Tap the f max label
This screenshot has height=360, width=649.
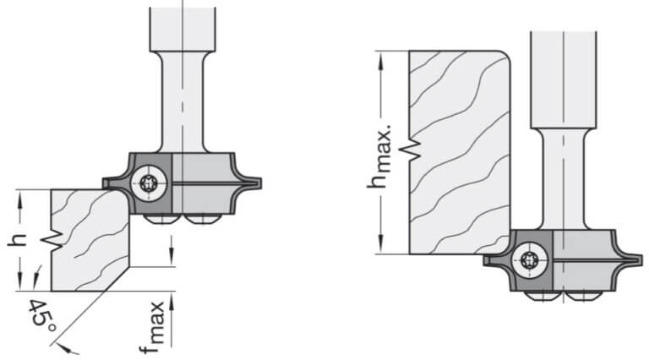152,328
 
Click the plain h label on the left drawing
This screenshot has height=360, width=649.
17,240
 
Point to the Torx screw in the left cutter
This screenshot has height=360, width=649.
149,183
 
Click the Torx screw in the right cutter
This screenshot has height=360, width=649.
530,260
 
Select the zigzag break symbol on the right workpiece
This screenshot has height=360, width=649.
411,148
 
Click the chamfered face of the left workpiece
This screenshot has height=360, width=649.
115,279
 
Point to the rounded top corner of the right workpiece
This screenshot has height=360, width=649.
504,56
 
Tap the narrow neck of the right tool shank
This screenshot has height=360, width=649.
564,179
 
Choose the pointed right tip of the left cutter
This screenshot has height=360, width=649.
260,183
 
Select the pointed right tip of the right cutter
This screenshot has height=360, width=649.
642,259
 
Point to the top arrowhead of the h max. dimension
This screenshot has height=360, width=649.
381,59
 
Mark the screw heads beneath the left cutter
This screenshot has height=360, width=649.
183,220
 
